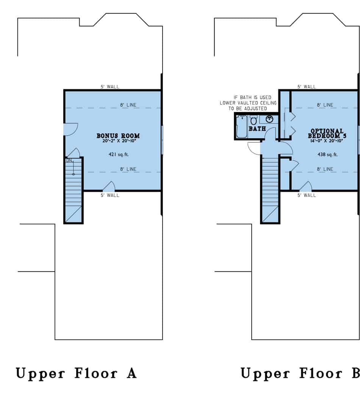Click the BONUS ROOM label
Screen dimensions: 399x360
(x=118, y=136)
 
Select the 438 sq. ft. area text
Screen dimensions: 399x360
(x=327, y=155)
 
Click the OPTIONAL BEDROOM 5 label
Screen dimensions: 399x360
(x=327, y=133)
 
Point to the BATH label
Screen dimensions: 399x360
(x=257, y=129)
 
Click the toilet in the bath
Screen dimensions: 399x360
(x=254, y=121)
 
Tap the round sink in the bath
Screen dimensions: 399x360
(x=270, y=120)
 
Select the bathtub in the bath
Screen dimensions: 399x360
(x=241, y=127)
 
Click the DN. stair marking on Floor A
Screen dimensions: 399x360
(x=69, y=161)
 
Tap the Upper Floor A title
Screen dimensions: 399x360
(x=76, y=374)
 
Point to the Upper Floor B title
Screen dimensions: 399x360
(x=300, y=374)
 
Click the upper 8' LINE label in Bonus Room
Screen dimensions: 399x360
(x=128, y=105)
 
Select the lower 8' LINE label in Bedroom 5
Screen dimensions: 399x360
(x=325, y=169)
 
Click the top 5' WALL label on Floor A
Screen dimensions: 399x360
(x=110, y=87)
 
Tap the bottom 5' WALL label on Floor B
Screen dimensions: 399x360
(x=307, y=196)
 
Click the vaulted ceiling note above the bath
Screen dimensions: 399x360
(x=248, y=103)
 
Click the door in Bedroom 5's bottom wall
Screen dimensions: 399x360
(x=306, y=186)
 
